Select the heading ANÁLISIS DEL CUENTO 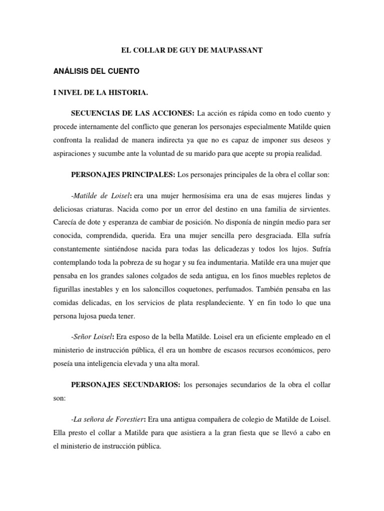(96, 72)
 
